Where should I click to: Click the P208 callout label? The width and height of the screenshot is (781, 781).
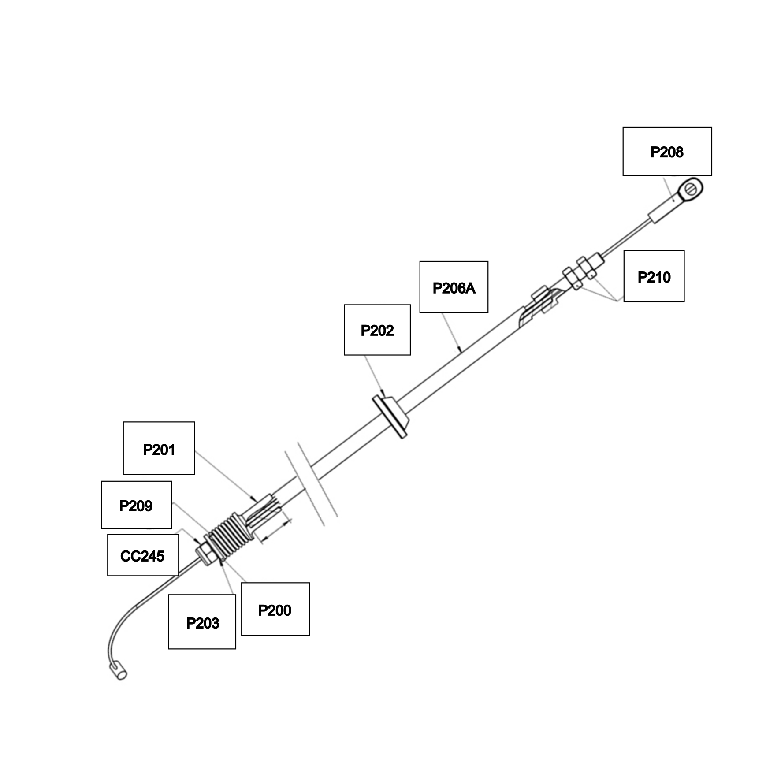pyautogui.click(x=667, y=152)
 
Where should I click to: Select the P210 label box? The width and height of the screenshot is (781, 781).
pyautogui.click(x=654, y=276)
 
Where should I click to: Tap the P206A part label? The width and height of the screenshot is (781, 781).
pyautogui.click(x=454, y=287)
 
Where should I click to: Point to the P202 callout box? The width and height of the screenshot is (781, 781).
pyautogui.click(x=377, y=330)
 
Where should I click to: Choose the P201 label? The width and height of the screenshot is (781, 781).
pyautogui.click(x=159, y=448)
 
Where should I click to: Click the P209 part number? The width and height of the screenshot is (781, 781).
pyautogui.click(x=136, y=505)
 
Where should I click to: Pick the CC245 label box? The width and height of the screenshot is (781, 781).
pyautogui.click(x=143, y=555)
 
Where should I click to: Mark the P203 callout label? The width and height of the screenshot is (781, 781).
pyautogui.click(x=202, y=622)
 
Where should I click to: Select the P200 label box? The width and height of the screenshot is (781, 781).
pyautogui.click(x=275, y=609)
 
